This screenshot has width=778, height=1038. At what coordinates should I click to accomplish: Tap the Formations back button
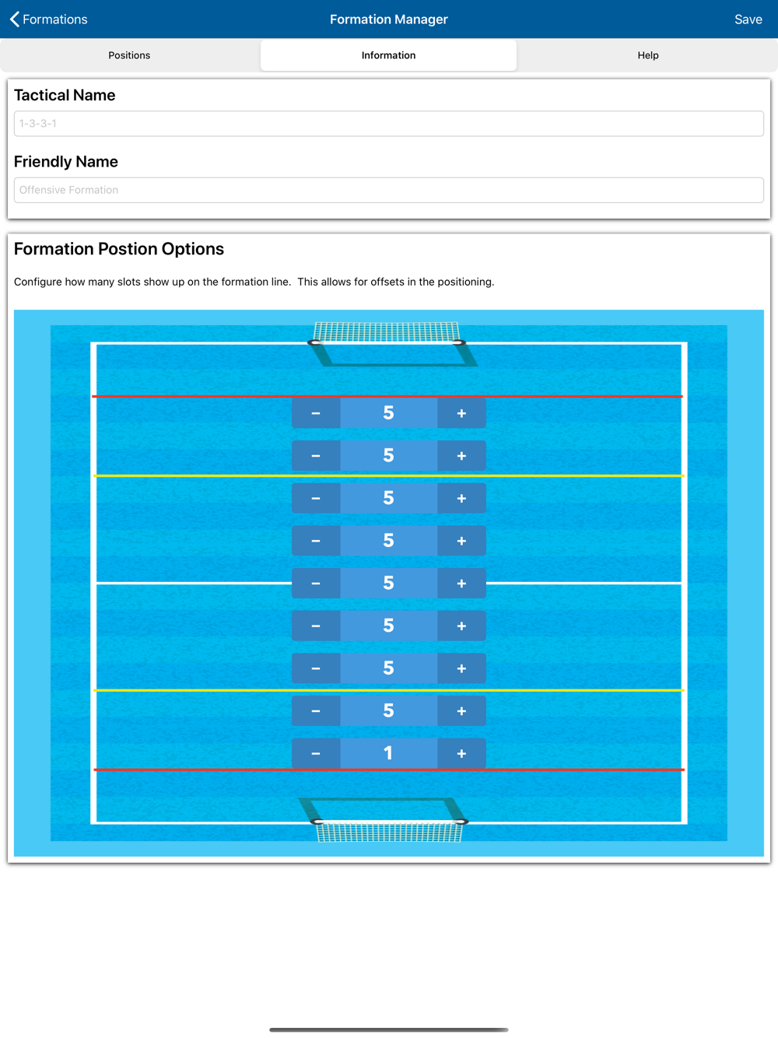[48, 19]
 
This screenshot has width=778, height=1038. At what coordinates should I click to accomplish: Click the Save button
[748, 19]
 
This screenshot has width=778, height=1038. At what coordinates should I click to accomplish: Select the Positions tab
[129, 55]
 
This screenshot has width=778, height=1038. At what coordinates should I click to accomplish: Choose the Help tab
[647, 55]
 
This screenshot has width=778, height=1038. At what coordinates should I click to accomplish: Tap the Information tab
[388, 55]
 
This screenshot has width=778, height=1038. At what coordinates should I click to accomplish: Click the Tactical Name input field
[388, 124]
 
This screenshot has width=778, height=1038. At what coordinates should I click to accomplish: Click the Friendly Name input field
[388, 190]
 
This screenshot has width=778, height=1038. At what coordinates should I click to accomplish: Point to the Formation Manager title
[388, 19]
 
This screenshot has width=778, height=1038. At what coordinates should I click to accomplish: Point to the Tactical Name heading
[65, 95]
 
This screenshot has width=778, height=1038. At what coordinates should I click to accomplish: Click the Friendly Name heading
[66, 162]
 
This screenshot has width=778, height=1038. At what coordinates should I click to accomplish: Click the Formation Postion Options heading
[119, 249]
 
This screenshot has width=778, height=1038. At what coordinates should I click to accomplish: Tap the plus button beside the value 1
[461, 753]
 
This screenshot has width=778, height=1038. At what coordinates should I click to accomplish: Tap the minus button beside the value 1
[316, 753]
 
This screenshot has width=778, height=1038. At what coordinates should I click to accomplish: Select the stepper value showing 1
[388, 753]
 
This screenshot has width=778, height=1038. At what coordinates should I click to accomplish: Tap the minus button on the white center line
[316, 584]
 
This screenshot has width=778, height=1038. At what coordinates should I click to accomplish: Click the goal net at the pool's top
[387, 333]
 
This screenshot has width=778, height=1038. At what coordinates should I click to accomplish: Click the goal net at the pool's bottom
[389, 831]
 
